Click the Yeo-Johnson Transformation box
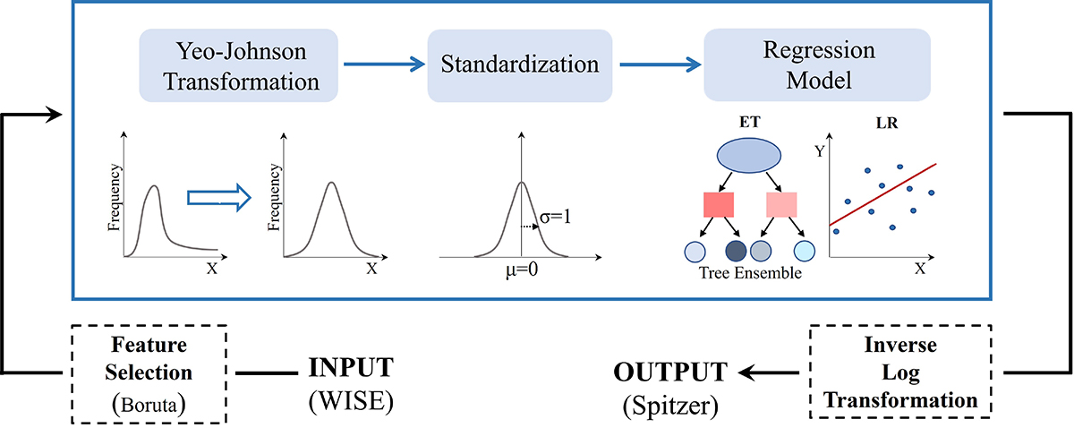point(237,64)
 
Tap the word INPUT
point(351,368)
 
